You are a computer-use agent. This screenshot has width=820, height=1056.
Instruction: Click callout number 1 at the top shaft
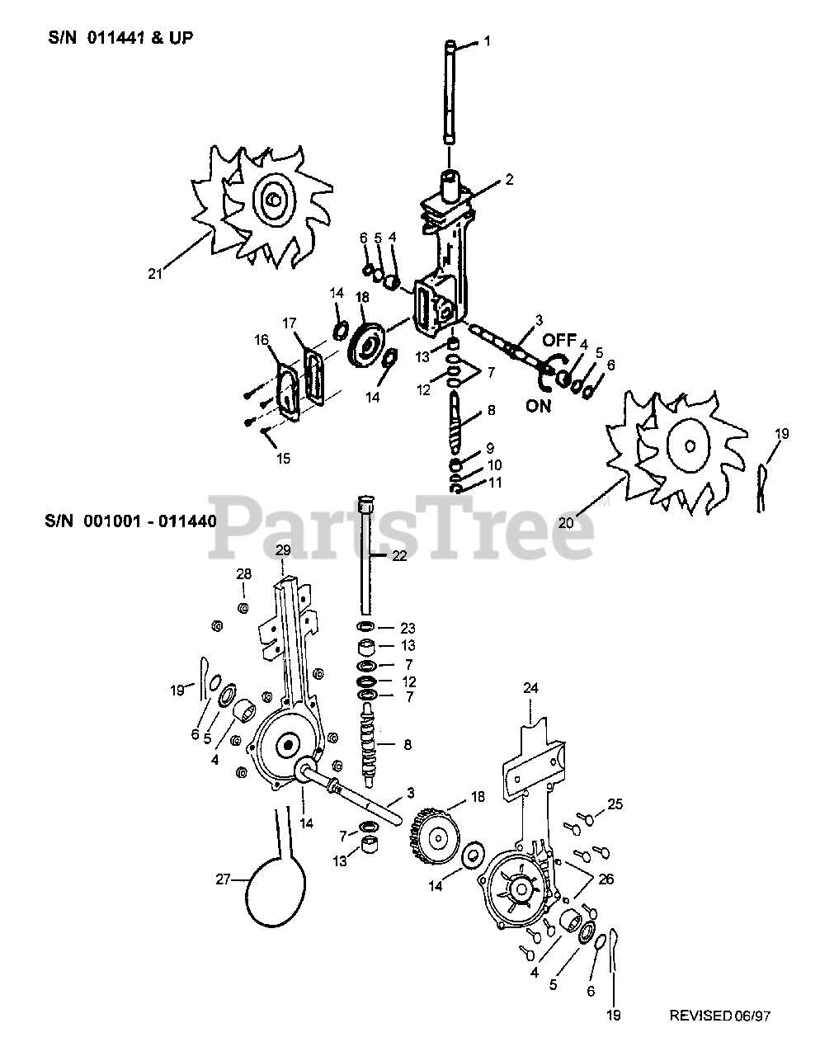487,40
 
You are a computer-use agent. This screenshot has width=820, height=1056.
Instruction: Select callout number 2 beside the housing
509,179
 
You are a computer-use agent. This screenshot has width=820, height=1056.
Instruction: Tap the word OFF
558,340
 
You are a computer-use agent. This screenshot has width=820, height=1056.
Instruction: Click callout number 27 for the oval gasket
223,879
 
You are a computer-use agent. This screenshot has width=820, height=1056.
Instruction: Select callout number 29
283,549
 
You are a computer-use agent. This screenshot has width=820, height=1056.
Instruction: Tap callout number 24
530,686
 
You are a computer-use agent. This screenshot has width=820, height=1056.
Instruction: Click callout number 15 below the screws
282,459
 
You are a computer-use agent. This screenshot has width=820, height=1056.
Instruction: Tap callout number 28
243,573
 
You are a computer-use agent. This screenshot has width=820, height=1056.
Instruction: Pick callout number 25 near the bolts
615,804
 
